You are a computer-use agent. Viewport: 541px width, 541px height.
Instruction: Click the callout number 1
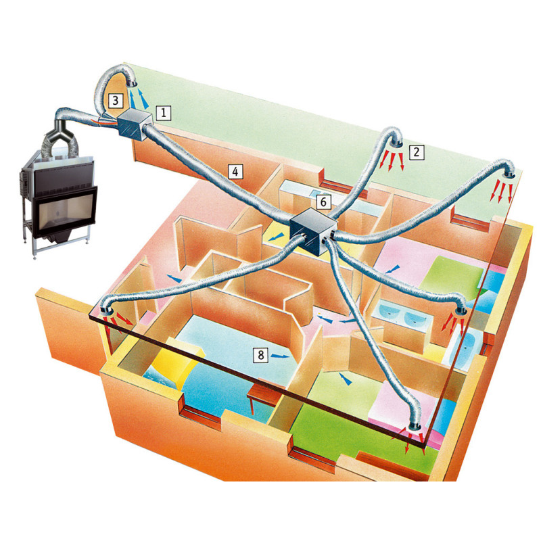pos(164,113)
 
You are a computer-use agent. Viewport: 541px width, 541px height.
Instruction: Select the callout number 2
pos(417,152)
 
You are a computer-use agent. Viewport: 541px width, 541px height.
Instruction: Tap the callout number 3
pos(116,101)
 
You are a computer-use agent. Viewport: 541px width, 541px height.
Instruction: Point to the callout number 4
pos(235,171)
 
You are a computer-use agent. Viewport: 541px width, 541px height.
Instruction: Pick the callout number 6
pos(324,202)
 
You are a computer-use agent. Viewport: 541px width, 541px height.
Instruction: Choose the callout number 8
pos(261,355)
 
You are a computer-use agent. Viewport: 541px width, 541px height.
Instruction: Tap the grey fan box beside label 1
pos(135,125)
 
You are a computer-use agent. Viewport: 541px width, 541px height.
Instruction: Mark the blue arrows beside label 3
pos(139,98)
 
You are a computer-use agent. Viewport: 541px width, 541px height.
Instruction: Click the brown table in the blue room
pos(263,394)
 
